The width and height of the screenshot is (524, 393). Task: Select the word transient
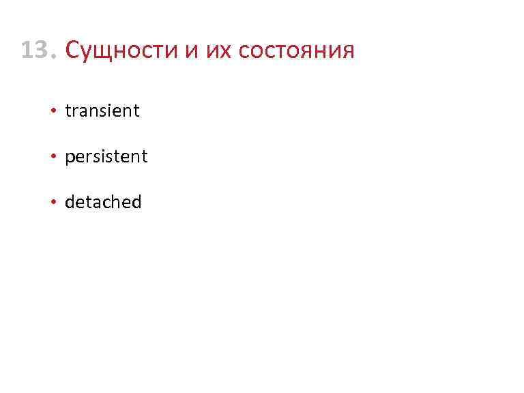coord(102,111)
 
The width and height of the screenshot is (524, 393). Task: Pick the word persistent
coord(106,156)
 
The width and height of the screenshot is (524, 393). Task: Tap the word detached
coord(103,202)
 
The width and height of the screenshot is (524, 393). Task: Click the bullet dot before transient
coord(53,111)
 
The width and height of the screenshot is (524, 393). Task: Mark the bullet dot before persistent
coord(53,157)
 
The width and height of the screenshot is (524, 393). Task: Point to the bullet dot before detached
coord(53,203)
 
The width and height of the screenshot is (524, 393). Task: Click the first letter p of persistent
coord(70,158)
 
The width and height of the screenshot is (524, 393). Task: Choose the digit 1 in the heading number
coord(27,50)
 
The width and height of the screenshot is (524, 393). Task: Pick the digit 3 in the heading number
coord(43,50)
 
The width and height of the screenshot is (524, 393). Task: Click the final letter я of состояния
coord(347,52)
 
